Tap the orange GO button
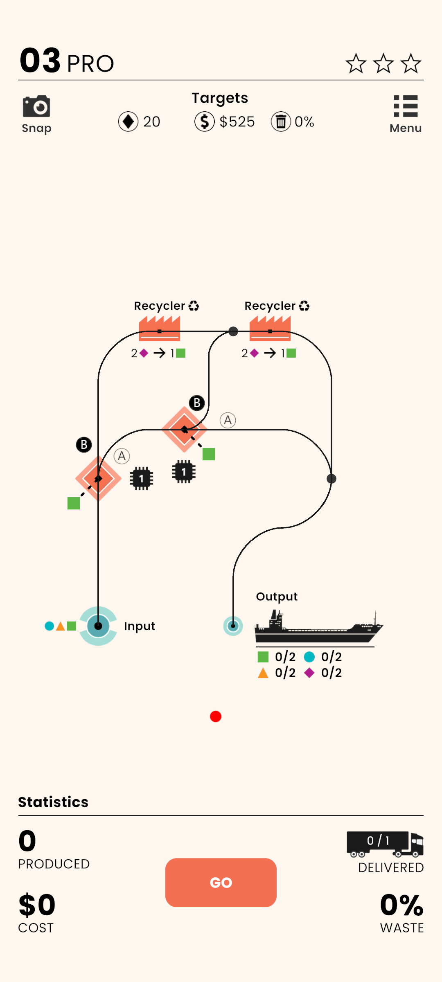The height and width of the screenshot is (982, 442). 221,882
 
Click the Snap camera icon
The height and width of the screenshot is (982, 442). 36,106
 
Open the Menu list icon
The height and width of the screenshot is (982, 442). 405,106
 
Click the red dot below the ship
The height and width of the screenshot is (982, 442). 216,716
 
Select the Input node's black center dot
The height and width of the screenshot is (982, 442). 98,626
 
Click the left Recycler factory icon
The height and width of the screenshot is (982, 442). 160,329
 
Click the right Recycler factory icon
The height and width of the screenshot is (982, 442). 270,329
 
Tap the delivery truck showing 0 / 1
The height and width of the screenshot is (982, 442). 385,844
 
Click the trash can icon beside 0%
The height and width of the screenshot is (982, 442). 281,122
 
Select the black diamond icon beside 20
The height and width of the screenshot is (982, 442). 128,122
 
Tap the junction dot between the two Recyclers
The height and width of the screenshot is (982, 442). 233,331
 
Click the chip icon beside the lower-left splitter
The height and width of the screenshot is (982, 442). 141,478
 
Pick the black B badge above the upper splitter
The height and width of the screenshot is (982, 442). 197,403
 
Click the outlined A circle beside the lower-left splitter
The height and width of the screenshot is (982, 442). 122,456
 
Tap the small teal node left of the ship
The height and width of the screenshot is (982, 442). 233,626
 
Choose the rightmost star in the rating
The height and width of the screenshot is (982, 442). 410,64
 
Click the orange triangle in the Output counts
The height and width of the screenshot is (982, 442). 263,673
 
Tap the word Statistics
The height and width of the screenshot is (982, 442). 53,802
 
